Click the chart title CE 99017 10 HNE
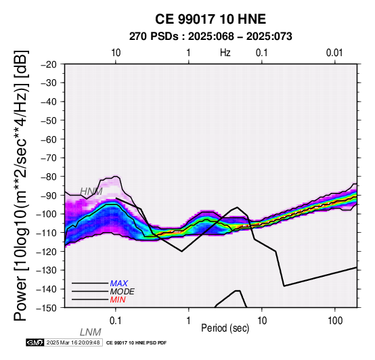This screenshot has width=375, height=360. [211, 19]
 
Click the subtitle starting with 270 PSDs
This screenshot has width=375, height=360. [211, 37]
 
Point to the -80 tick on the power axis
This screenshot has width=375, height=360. [49, 177]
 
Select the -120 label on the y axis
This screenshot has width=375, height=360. [46, 252]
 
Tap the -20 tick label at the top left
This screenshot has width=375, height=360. [49, 64]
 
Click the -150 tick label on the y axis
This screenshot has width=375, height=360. [46, 308]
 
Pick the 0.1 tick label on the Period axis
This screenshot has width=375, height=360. [116, 321]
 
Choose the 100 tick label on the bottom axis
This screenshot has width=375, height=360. [335, 321]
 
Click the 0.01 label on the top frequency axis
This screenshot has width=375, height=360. [334, 53]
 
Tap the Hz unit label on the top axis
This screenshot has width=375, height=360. [225, 53]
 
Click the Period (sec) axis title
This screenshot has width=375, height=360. [225, 328]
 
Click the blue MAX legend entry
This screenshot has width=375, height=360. [119, 284]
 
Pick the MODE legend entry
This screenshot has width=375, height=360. [123, 292]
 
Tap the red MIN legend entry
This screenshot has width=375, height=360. [118, 300]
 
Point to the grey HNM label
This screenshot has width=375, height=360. [91, 192]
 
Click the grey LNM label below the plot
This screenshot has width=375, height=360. [91, 332]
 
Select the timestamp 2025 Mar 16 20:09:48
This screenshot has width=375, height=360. [73, 342]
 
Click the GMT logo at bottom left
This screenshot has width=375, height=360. [35, 342]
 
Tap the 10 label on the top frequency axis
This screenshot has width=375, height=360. [116, 53]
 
